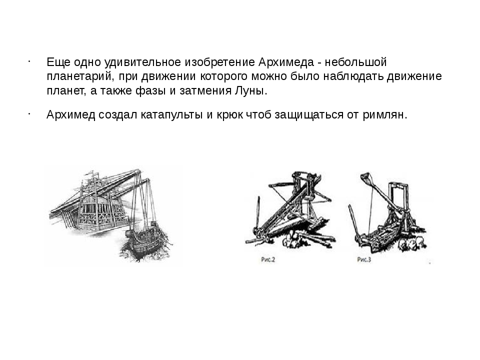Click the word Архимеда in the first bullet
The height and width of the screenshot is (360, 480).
pyautogui.click(x=286, y=62)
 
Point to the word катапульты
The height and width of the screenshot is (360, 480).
pyautogui.click(x=171, y=115)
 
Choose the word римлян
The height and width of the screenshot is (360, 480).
pyautogui.click(x=385, y=115)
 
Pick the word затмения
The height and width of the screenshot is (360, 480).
pyautogui.click(x=205, y=91)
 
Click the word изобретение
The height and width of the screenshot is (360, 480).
pyautogui.click(x=220, y=62)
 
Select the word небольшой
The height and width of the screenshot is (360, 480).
pyautogui.click(x=355, y=62)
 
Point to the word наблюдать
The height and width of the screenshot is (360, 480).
pyautogui.click(x=353, y=76)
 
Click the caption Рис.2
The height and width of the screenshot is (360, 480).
pyautogui.click(x=268, y=260)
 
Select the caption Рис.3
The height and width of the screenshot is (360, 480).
pyautogui.click(x=364, y=260)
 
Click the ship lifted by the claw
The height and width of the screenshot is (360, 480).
pyautogui.click(x=145, y=242)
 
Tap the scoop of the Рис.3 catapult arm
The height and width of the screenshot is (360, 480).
pyautogui.click(x=365, y=178)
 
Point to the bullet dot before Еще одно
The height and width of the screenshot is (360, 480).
pyautogui.click(x=28, y=61)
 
